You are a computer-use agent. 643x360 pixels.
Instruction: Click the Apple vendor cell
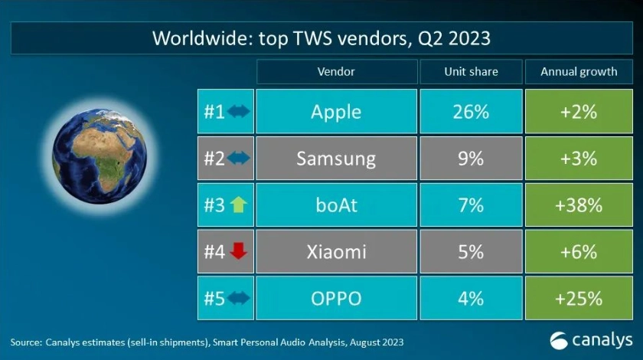click(336, 112)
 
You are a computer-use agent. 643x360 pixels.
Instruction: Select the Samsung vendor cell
click(336, 159)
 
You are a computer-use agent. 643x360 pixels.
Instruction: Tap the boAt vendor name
click(336, 205)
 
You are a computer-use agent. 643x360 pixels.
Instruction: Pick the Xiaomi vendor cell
click(336, 251)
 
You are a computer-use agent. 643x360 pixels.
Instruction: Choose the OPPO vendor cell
click(336, 298)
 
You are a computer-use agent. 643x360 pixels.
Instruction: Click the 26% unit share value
click(471, 112)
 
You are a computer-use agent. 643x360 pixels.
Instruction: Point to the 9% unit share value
click(471, 159)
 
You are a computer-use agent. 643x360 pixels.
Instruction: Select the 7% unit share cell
click(471, 205)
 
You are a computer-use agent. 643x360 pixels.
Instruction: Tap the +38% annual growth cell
click(579, 205)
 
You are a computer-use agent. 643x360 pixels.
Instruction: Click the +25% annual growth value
click(579, 298)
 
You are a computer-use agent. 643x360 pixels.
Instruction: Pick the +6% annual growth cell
click(579, 251)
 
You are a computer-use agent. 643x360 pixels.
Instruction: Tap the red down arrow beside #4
click(239, 251)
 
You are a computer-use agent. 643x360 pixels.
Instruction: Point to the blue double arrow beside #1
click(239, 112)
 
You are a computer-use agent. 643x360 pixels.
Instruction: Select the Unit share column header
click(471, 71)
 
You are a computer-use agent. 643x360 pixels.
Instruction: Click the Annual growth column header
click(579, 71)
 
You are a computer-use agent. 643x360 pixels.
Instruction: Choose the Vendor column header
click(336, 71)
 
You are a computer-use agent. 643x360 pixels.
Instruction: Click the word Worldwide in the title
click(194, 38)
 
